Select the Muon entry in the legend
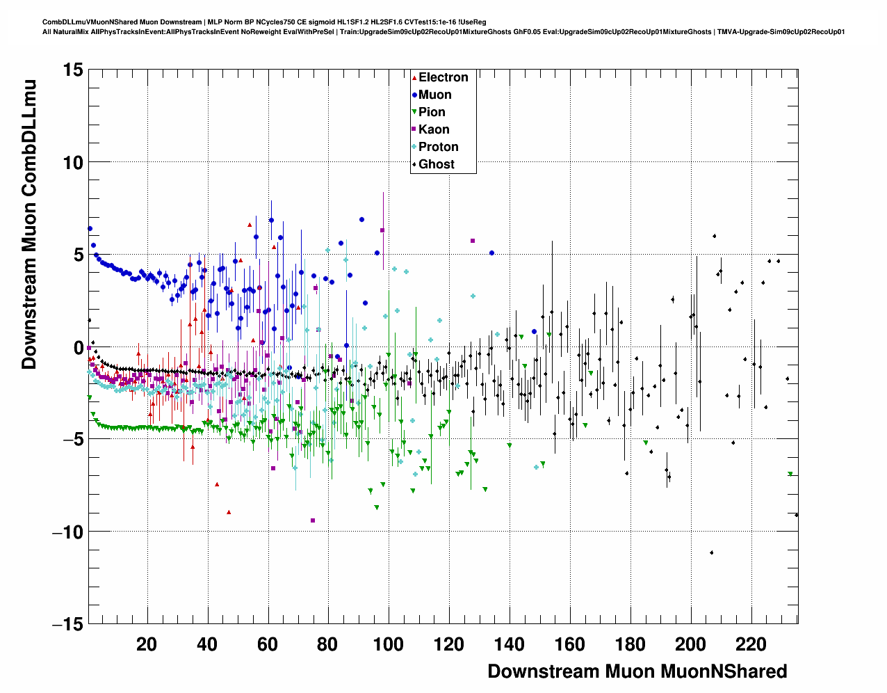pos(434,95)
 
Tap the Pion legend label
pos(432,112)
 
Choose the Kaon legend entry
pos(434,129)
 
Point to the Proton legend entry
pos(438,147)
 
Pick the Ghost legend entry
pos(436,164)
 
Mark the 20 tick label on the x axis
pos(147,644)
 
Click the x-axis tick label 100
pos(388,644)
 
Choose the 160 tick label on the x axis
pos(569,644)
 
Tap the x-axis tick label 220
pos(751,644)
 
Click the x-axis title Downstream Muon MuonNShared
pos(637,671)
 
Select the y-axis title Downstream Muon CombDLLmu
pos(29,224)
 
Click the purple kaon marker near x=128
pos(473,241)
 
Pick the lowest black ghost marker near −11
pos(712,552)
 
